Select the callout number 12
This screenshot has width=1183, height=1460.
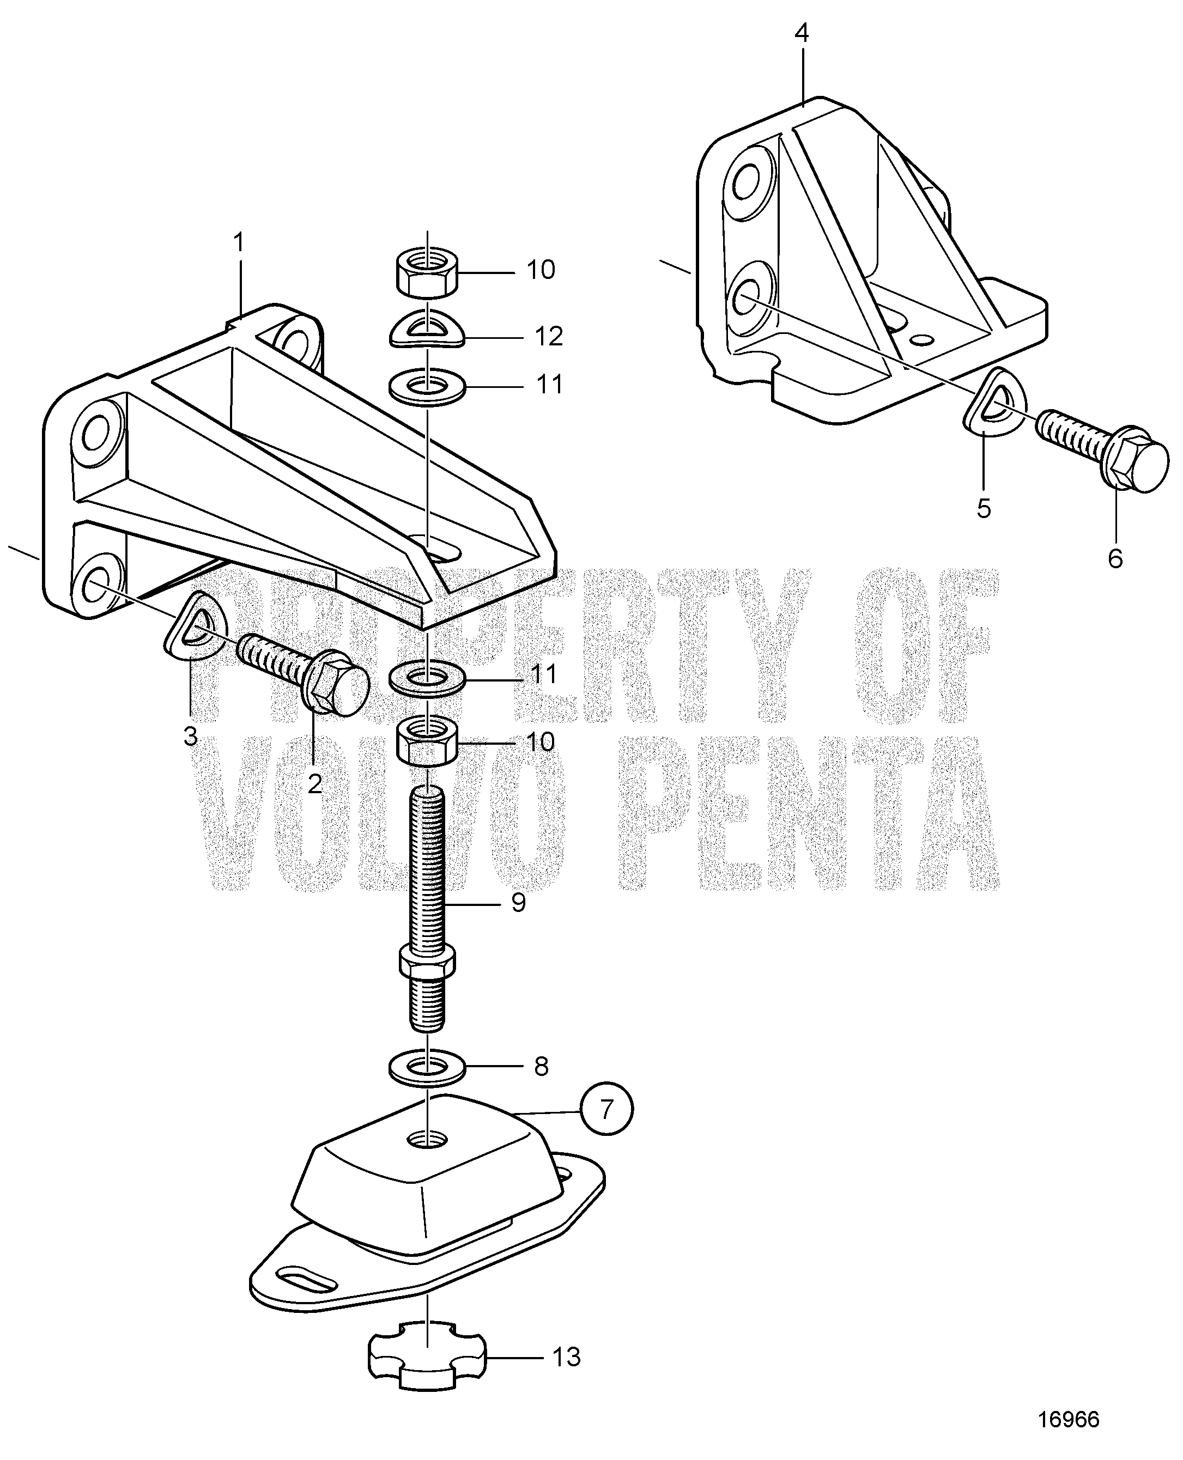click(549, 336)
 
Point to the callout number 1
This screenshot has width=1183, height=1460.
click(239, 243)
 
